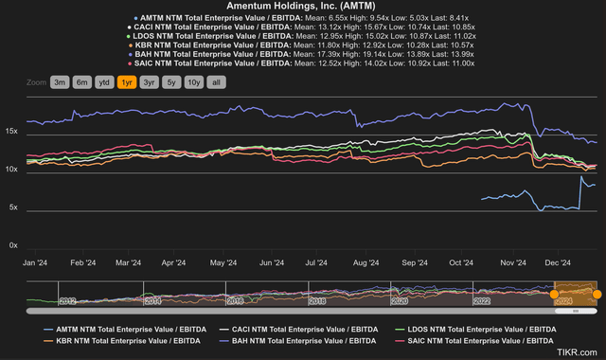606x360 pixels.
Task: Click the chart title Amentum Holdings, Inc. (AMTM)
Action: pyautogui.click(x=303, y=7)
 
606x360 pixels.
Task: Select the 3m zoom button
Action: pyautogui.click(x=60, y=82)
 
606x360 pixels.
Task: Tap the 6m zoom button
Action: pyautogui.click(x=81, y=82)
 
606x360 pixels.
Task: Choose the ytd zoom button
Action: pyautogui.click(x=103, y=82)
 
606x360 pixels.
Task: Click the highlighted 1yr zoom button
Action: pyautogui.click(x=125, y=82)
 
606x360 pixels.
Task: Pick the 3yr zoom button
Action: pyautogui.click(x=148, y=82)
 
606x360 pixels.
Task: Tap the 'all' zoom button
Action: pyautogui.click(x=216, y=82)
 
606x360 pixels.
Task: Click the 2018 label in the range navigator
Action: pyautogui.click(x=316, y=300)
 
